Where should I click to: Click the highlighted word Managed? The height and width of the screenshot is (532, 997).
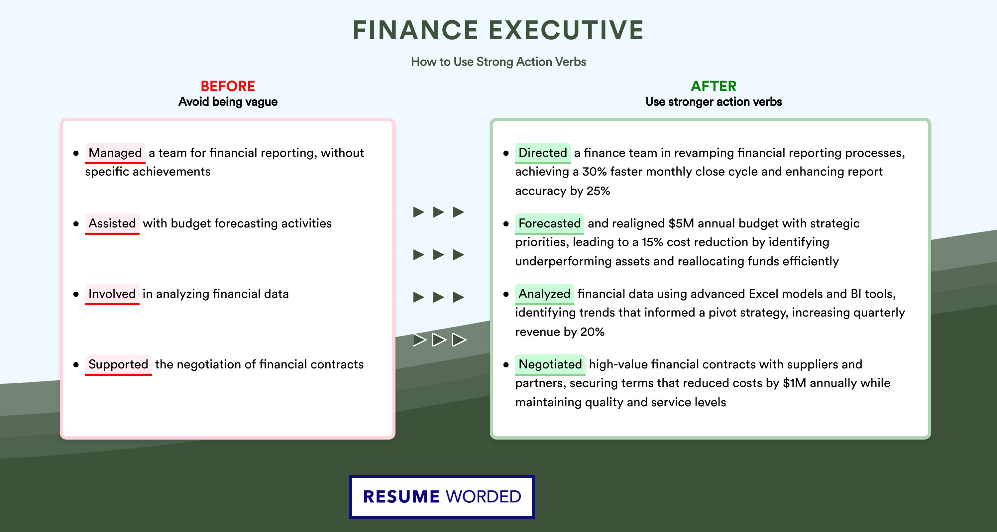pos(115,153)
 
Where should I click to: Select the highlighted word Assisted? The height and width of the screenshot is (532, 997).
pos(112,223)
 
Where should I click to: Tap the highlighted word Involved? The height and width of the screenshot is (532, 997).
pos(112,294)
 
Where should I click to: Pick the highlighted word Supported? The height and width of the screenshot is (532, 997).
pos(118,364)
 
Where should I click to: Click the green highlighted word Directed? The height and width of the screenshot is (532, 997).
pos(543,153)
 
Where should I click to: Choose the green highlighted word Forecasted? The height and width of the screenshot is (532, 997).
pos(549,223)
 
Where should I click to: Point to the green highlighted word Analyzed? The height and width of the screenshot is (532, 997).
pos(544,294)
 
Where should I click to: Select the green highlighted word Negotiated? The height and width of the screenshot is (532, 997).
pos(550,364)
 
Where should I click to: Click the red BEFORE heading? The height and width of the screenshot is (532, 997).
pos(228,86)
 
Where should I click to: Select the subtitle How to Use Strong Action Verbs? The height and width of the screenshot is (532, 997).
pos(498,62)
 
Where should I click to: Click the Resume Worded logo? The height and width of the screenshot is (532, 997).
pos(442,497)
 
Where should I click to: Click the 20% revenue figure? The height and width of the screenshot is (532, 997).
pos(592,332)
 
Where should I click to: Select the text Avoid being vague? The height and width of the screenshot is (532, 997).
pos(228,102)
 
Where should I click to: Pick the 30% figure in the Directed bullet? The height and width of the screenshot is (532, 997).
pos(595,172)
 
